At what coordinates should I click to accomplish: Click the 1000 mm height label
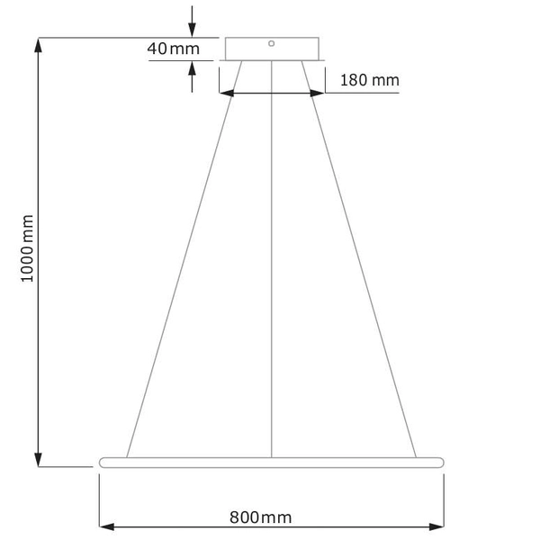28,249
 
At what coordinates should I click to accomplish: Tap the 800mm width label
260,517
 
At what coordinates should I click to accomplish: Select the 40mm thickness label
173,49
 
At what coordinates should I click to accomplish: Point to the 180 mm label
369,81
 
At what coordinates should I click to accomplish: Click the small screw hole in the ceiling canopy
272,41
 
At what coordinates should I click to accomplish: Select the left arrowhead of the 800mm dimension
104,526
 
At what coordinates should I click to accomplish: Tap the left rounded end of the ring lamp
101,462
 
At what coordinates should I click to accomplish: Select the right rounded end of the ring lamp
440,462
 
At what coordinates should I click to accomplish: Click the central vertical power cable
272,270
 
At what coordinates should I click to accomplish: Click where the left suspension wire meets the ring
127,456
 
